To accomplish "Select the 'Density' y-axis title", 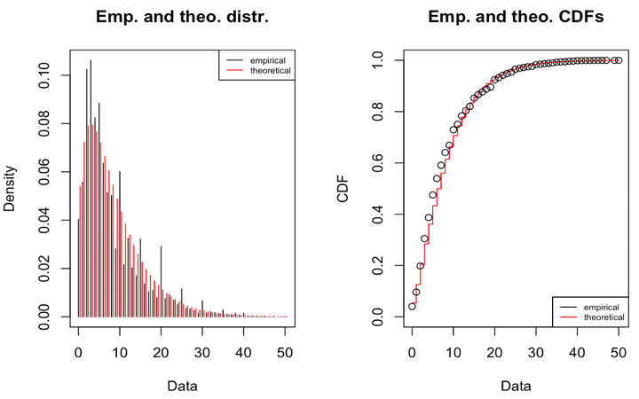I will [x=10, y=188].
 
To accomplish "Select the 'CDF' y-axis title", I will [x=343, y=188].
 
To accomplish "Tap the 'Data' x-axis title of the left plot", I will [x=181, y=387].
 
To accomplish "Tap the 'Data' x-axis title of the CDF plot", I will [x=515, y=387].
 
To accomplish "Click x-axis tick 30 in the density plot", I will [x=202, y=350].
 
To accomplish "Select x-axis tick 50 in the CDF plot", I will [x=618, y=350].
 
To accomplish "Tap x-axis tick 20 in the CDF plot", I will [x=494, y=350].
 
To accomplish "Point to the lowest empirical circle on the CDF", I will [x=412, y=306].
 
